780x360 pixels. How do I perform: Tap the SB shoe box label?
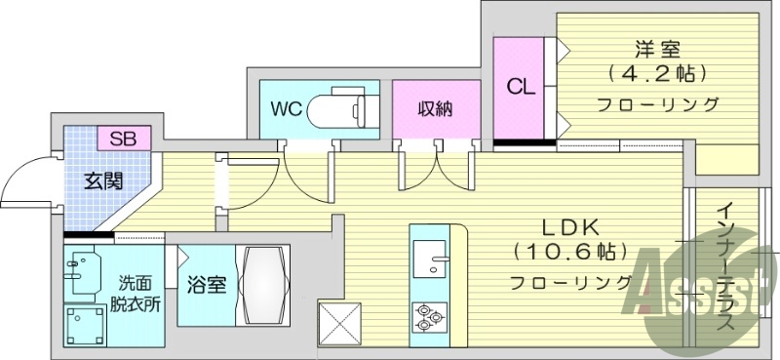pos(123,138)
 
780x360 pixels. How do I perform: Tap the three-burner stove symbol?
pos(427,316)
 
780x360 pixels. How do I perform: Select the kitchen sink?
pos(429,261)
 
